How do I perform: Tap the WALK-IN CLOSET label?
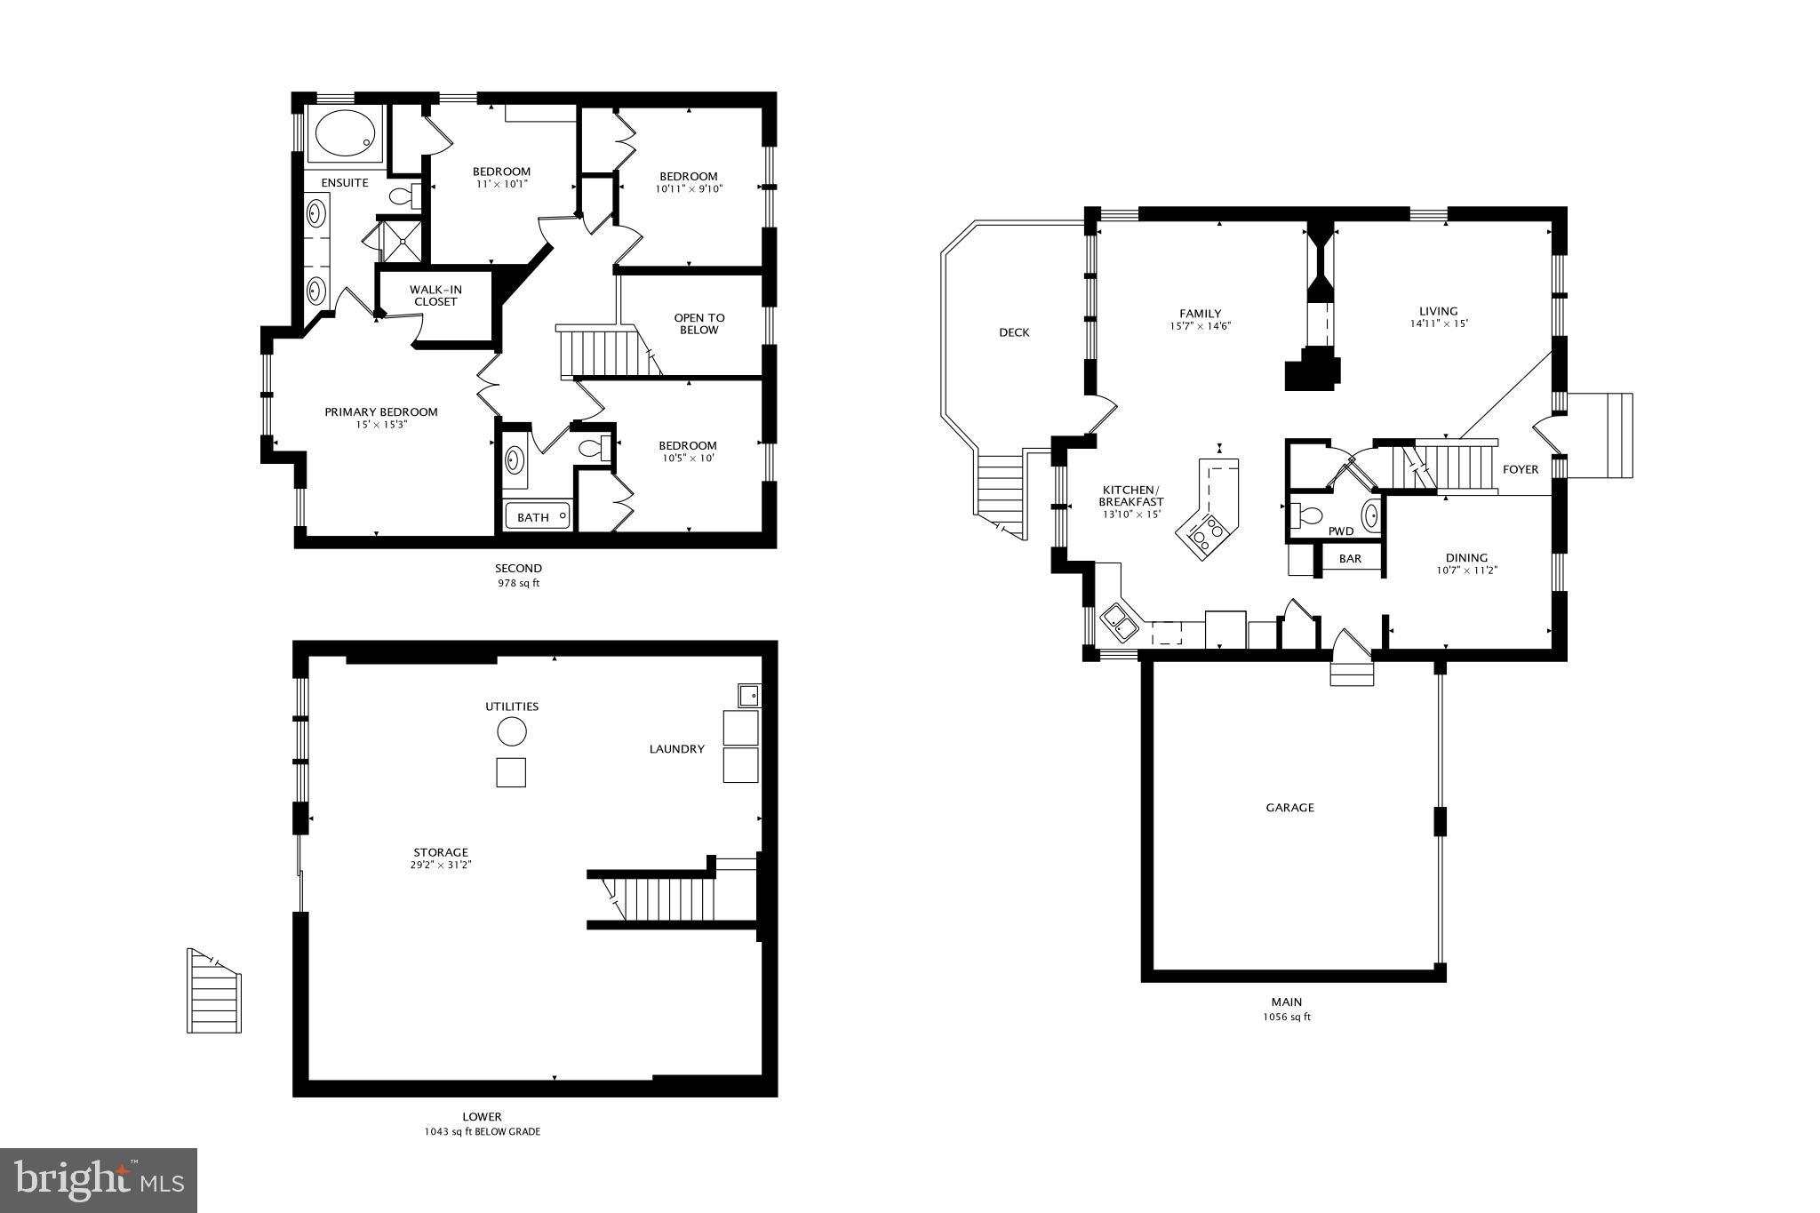coord(435,296)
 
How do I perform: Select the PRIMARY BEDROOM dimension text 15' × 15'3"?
coord(380,425)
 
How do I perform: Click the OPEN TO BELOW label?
coord(699,323)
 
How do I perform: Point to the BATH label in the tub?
coord(533,517)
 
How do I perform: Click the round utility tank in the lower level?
coord(511,732)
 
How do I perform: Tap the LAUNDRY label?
coord(676,749)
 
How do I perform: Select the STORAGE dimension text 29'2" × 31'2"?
coord(440,865)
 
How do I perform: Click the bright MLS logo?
coord(99,1179)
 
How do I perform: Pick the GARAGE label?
coord(1289,808)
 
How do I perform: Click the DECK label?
coord(1014,332)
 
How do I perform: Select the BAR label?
coord(1350,559)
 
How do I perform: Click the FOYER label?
coord(1520,469)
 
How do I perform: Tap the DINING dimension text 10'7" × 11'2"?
coord(1466,571)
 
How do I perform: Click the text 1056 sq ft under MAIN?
coord(1286,1017)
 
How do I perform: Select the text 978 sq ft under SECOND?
coord(518,584)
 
